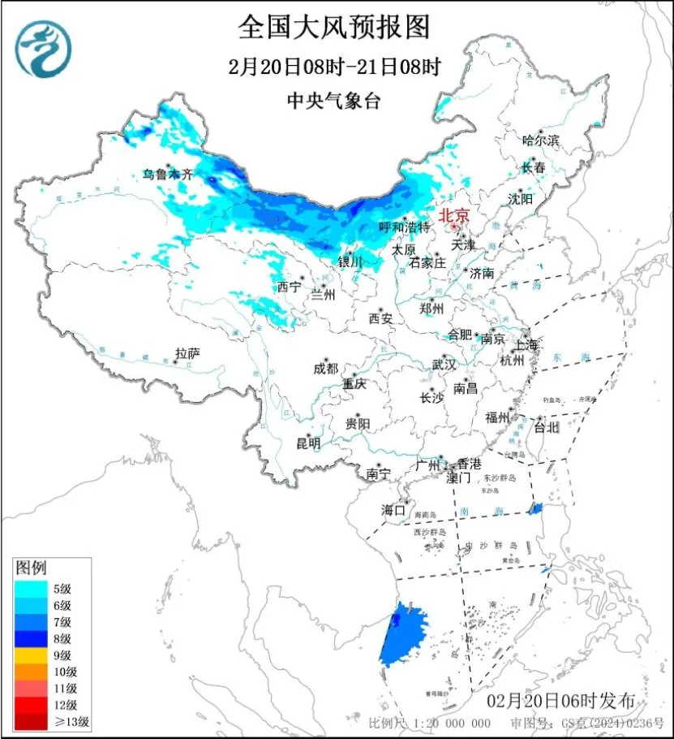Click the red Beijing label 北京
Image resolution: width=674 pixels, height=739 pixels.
[x=453, y=216]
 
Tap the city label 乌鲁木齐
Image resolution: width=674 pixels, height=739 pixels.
[x=169, y=174]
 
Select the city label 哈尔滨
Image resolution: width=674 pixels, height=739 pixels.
[x=541, y=140]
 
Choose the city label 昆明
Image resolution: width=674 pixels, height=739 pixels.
[x=308, y=443]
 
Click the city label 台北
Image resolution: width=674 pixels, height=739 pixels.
[x=546, y=426]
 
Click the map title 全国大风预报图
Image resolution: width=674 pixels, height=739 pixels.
[x=333, y=27]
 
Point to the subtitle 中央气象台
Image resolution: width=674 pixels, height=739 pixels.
[x=333, y=101]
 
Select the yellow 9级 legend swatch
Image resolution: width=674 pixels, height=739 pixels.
[x=35, y=655]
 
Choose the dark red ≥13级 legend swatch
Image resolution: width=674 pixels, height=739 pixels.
[x=35, y=720]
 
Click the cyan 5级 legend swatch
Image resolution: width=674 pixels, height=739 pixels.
[x=35, y=589]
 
